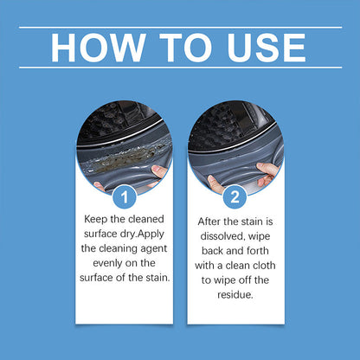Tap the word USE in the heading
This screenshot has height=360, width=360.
pos(259,48)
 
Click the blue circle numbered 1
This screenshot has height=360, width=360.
pos(125,197)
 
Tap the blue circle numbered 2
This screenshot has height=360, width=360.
pos(235,197)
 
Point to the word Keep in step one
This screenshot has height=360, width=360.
pos(98,220)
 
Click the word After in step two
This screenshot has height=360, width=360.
pos(212,220)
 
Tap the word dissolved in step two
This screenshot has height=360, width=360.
pos(223,234)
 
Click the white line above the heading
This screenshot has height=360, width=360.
pos(180,28)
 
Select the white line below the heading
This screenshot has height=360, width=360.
pos(180,67)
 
